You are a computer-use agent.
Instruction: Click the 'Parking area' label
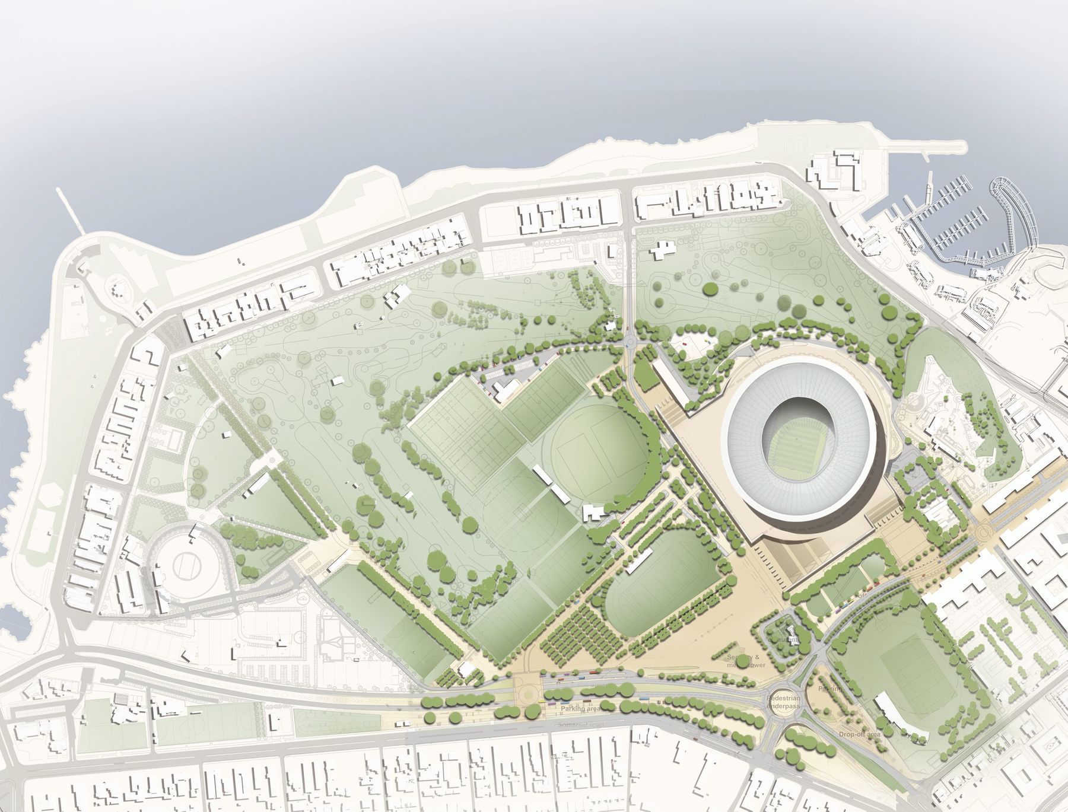click(x=579, y=708)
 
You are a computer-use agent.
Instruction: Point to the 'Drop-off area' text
click(x=859, y=734)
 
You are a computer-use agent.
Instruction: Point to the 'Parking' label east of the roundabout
click(x=829, y=689)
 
